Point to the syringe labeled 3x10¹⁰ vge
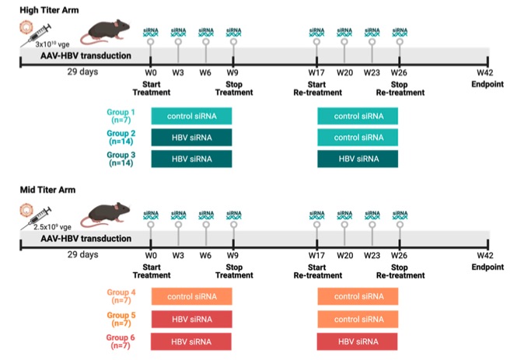[35, 33]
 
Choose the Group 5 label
[124, 320]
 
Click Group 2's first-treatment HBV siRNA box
[192, 138]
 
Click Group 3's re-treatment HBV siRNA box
[358, 159]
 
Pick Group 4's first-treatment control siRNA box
[192, 296]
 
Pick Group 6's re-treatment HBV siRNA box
[358, 341]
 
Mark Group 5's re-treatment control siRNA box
[358, 319]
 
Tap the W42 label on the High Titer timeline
[486, 74]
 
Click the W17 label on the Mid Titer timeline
[316, 255]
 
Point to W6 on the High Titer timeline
[206, 74]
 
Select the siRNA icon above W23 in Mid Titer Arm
[372, 215]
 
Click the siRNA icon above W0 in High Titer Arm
[151, 33]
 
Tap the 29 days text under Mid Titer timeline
[82, 255]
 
